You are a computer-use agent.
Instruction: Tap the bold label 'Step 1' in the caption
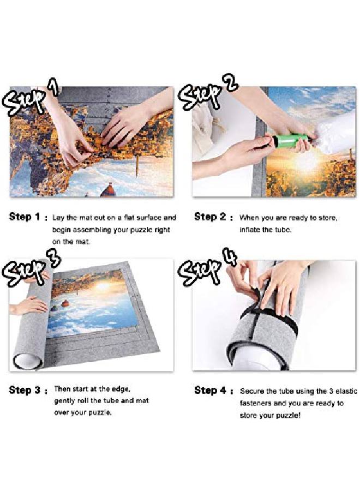coord(25,217)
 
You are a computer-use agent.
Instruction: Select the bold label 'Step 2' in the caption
coord(210,217)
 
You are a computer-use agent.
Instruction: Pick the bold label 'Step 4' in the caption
coord(210,391)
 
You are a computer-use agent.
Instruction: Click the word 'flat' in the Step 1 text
coord(125,218)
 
